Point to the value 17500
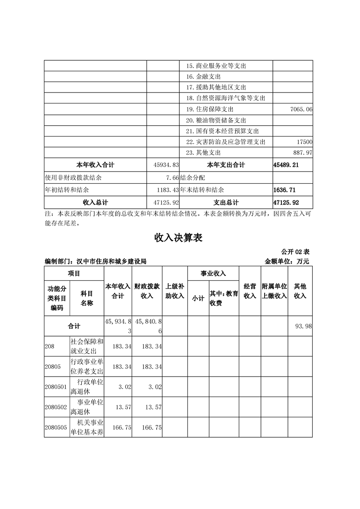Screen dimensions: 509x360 pyautogui.click(x=304, y=142)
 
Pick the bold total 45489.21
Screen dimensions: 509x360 pyautogui.click(x=286, y=165)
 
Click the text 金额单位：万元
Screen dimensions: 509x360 pyautogui.click(x=286, y=261)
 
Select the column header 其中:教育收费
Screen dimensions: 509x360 pyautogui.click(x=224, y=299)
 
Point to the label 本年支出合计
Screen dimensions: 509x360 pyautogui.click(x=226, y=165)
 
